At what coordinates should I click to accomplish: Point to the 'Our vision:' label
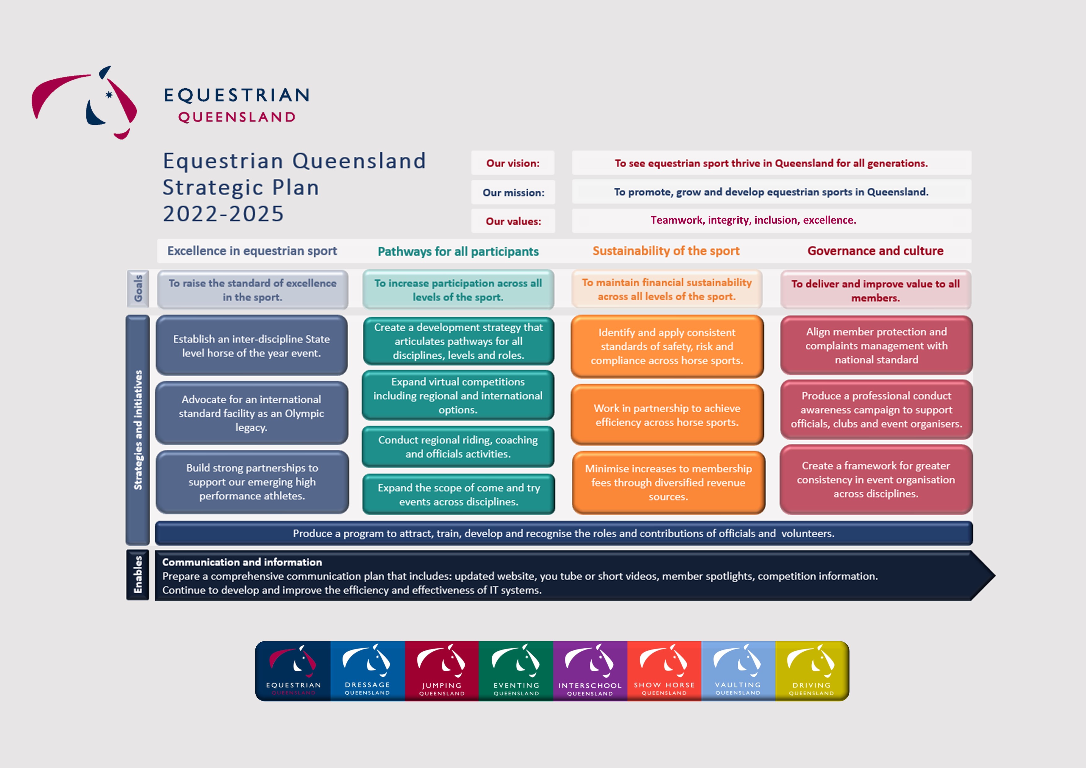click(x=513, y=163)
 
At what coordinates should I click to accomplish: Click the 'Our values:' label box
click(x=513, y=221)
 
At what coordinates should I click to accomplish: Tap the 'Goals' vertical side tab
click(x=138, y=289)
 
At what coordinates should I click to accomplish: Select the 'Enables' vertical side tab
click(x=138, y=575)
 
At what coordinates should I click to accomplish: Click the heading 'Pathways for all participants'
click(x=458, y=251)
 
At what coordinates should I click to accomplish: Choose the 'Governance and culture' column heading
click(x=875, y=251)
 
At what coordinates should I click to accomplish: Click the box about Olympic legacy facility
click(x=252, y=413)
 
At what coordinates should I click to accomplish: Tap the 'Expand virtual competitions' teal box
click(x=458, y=395)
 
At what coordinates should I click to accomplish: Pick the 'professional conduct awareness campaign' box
click(x=876, y=410)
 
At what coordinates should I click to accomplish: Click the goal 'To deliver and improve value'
click(x=875, y=290)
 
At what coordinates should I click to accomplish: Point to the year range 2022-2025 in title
click(x=223, y=214)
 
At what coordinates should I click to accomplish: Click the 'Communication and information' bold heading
click(x=242, y=562)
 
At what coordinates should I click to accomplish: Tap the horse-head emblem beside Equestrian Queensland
click(x=84, y=102)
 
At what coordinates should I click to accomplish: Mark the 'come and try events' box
click(x=459, y=495)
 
